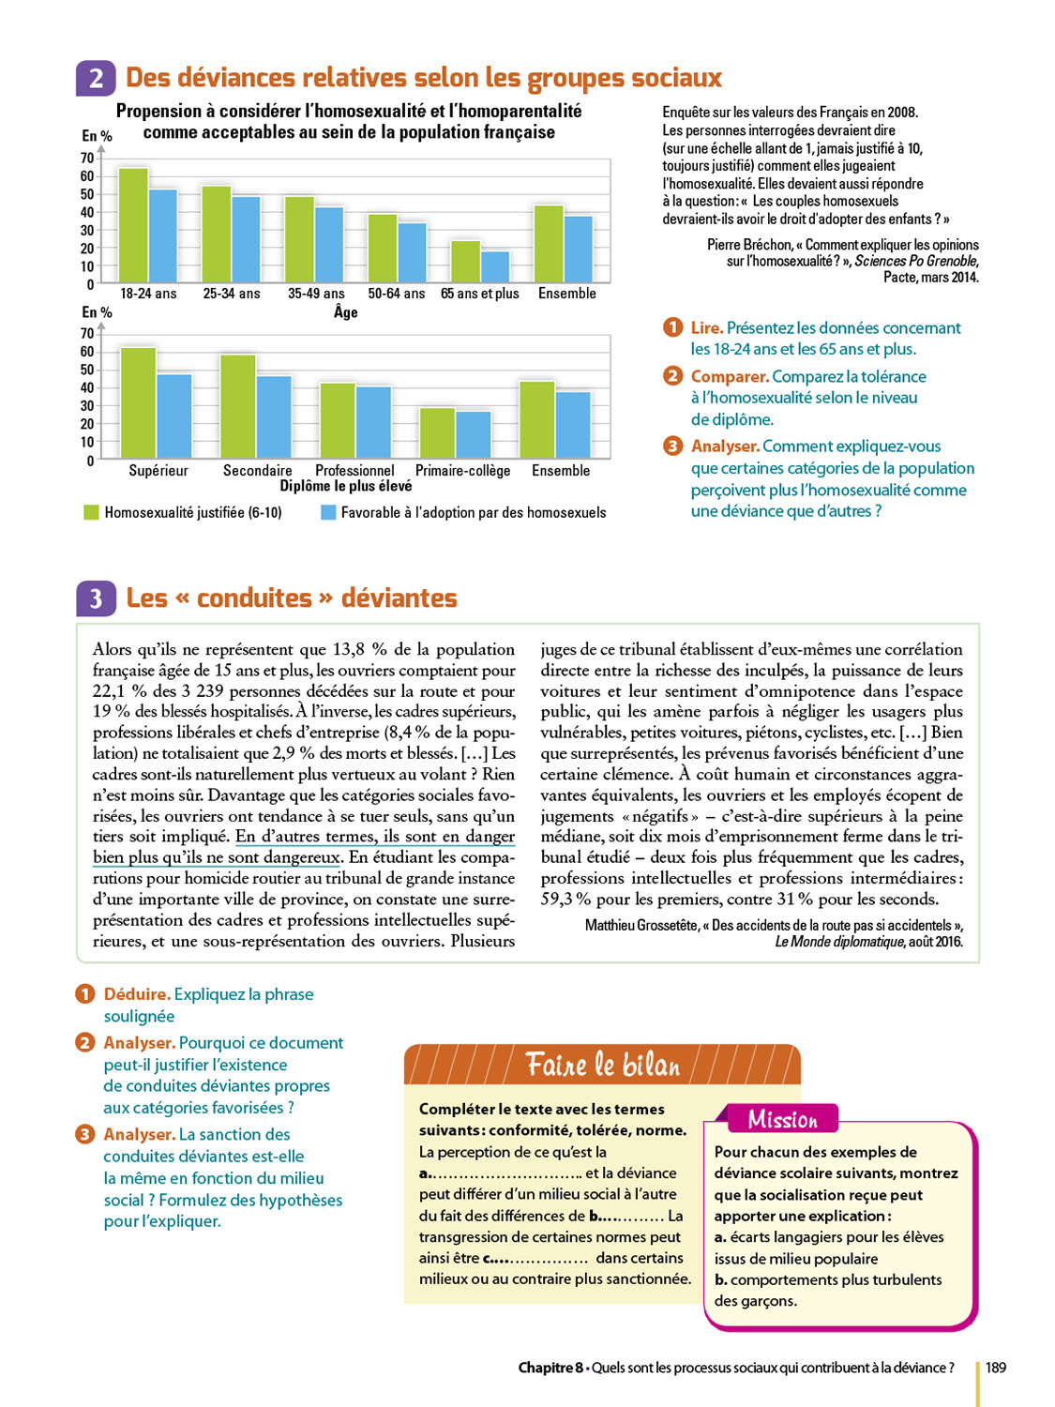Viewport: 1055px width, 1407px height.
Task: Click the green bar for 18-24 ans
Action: (133, 225)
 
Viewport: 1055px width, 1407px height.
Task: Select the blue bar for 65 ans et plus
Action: (495, 266)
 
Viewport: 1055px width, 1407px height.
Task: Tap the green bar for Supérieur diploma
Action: (139, 402)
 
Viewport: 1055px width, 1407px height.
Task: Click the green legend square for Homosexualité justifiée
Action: (91, 512)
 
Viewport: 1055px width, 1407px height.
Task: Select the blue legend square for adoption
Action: (328, 512)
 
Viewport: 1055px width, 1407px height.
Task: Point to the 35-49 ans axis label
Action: (316, 294)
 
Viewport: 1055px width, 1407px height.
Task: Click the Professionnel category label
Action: (354, 470)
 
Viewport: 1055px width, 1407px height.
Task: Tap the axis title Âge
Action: (345, 311)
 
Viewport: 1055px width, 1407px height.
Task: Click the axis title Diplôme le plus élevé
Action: (345, 486)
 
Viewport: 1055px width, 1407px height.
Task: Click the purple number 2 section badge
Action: (96, 78)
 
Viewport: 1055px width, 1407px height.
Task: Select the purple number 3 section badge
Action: (96, 598)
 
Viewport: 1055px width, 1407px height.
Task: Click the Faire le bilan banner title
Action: (602, 1065)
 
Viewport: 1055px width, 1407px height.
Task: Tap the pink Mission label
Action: (782, 1119)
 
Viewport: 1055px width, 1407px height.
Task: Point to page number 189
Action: (996, 1368)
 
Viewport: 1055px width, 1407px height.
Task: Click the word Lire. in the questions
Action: (706, 327)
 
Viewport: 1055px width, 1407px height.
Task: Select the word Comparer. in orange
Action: (730, 376)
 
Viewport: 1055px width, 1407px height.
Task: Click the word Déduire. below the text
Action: (137, 994)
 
